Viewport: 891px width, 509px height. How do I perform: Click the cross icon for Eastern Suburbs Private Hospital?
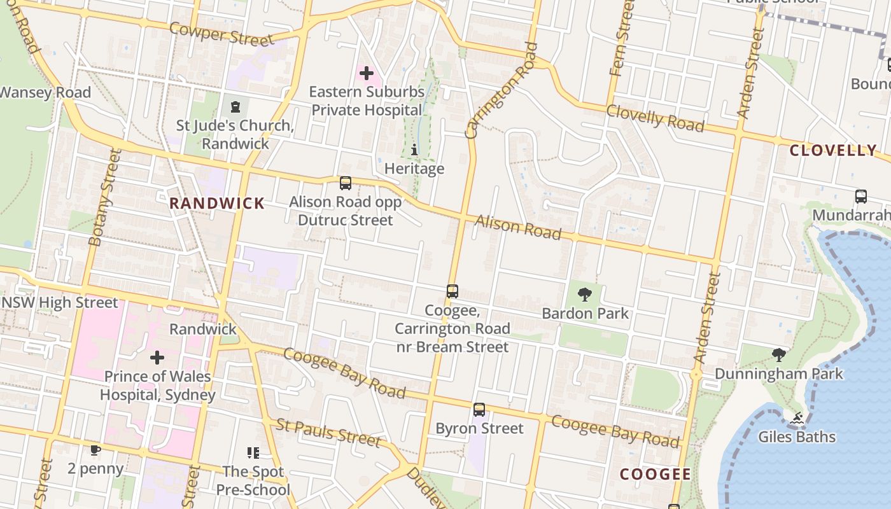pos(367,73)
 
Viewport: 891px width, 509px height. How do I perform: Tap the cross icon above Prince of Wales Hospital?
pos(157,358)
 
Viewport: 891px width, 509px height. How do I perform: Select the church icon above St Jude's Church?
pos(235,106)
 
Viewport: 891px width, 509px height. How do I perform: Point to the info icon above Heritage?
pos(414,150)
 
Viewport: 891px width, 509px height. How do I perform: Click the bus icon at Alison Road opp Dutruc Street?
pos(346,183)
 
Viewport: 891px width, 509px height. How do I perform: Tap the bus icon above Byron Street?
pos(479,410)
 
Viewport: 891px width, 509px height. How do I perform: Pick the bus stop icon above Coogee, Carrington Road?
pos(453,291)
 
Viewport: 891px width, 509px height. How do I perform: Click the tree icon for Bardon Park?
pos(584,294)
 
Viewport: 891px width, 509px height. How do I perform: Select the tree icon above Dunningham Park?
pos(778,354)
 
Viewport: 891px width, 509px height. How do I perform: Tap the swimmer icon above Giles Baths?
pos(796,418)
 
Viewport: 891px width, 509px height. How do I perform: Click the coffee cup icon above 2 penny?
pos(95,450)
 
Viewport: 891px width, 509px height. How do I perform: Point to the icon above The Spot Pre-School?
pos(253,452)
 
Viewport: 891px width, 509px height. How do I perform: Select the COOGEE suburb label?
pos(655,474)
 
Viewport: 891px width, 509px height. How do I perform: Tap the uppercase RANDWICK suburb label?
pos(217,204)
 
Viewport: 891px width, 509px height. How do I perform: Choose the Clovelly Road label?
pos(655,118)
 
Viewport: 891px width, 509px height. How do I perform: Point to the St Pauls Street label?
pos(328,432)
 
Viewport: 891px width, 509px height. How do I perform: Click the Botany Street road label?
pos(104,197)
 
